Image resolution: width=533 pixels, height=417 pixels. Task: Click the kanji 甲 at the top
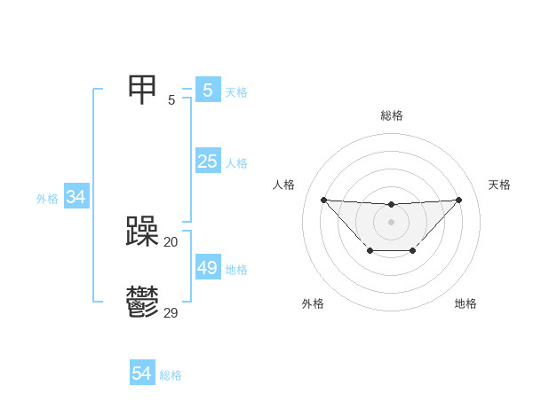point(143,89)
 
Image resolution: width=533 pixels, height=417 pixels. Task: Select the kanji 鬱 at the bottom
point(143,302)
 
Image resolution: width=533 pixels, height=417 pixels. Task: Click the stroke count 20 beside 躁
point(171,241)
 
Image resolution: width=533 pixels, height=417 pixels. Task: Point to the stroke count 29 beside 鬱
point(171,312)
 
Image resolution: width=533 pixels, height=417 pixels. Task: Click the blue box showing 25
point(207,161)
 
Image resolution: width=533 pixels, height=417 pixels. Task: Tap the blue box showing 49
point(207,268)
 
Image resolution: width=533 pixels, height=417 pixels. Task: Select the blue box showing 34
point(76,197)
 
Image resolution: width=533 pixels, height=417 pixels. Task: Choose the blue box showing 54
point(141,374)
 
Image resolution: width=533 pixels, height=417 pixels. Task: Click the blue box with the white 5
point(207,90)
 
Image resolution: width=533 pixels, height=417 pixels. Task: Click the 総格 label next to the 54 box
point(171,375)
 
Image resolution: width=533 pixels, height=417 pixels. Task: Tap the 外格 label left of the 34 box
point(47,199)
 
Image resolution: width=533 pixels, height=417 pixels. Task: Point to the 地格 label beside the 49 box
point(236,270)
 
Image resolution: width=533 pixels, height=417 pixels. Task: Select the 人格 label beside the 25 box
point(236,163)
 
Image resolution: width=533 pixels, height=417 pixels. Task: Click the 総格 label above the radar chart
point(391,115)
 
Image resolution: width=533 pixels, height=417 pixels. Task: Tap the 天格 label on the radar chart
point(499,185)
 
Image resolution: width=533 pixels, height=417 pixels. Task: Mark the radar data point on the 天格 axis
point(458,200)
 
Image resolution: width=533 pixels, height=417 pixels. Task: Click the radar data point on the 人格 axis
point(323,200)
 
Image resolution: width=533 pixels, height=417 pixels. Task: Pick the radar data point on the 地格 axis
point(413,252)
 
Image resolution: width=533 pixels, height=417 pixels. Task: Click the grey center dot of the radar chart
point(391,221)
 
